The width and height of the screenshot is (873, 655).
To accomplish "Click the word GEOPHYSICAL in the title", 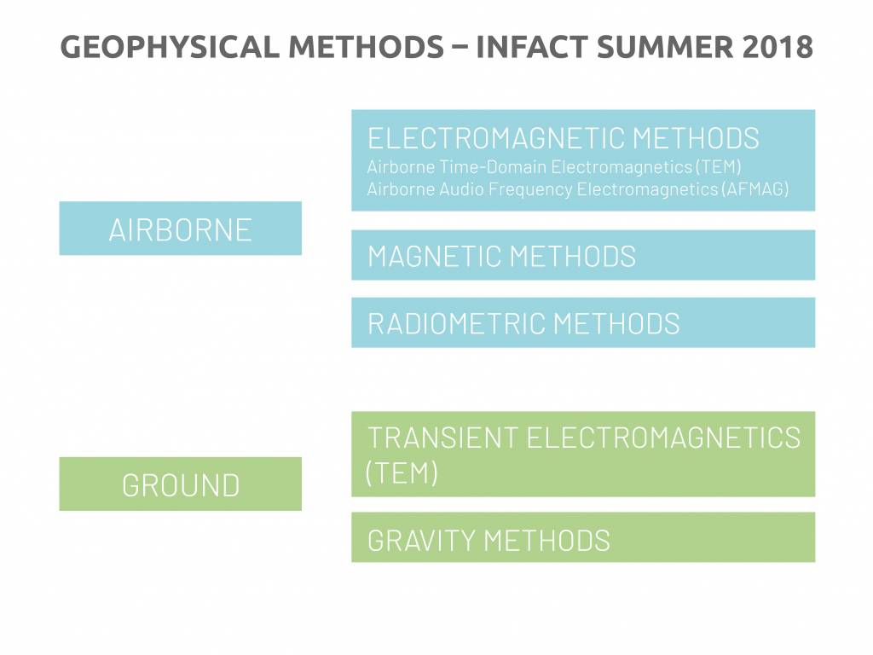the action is (x=170, y=47).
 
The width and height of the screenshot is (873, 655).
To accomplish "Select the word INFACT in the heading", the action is (x=532, y=47).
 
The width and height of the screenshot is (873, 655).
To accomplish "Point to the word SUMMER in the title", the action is (x=665, y=47).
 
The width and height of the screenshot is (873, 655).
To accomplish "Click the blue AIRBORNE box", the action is (x=181, y=229).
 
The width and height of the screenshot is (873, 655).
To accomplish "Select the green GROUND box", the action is (x=181, y=484).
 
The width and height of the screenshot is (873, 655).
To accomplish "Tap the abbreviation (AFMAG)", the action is (x=755, y=189).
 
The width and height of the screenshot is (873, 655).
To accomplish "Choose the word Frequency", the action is (x=530, y=190).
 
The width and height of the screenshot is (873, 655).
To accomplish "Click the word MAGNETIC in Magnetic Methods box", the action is (x=435, y=256).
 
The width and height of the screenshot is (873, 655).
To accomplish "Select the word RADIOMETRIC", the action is (x=458, y=323).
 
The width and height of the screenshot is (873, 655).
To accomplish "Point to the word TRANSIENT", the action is (x=443, y=438).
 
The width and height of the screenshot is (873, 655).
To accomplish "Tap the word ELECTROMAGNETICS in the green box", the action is (x=663, y=438).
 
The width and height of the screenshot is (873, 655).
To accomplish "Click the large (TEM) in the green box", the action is (x=402, y=472).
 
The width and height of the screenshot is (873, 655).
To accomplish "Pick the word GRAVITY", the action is (x=421, y=540).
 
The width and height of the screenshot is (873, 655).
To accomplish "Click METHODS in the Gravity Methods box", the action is (x=547, y=540).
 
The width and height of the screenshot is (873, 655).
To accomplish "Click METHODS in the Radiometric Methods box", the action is (x=617, y=323).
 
